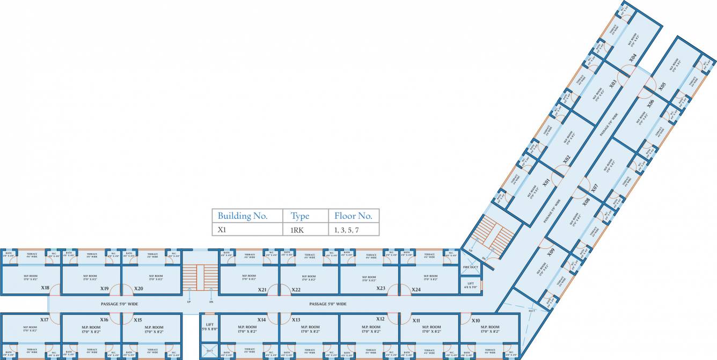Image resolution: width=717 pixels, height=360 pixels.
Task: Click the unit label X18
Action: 45,288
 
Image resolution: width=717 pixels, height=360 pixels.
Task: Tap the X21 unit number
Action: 262,290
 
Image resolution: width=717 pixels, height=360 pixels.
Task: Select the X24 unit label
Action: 416,289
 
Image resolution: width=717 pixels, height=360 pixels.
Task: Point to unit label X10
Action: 475,320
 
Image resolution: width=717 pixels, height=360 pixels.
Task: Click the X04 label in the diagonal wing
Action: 633,57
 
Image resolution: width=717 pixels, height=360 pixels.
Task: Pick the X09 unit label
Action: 551,250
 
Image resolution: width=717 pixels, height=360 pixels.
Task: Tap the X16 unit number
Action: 104,320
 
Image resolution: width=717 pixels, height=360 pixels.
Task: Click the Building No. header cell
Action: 243,216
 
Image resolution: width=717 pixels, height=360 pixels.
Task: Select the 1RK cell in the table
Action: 300,230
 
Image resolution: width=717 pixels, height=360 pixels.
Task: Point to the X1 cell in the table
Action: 222,230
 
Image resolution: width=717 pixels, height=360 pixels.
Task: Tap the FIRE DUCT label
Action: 470,267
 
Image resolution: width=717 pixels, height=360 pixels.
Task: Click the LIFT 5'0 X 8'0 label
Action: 209,327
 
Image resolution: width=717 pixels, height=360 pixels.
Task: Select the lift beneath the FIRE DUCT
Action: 471,285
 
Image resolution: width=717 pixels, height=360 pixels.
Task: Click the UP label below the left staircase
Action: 188,302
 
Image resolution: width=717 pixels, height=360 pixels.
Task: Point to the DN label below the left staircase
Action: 211,302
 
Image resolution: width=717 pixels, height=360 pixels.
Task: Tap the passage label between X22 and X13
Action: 327,304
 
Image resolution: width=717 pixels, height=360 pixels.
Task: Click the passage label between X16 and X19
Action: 119,304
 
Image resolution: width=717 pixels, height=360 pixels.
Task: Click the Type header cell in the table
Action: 300,216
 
